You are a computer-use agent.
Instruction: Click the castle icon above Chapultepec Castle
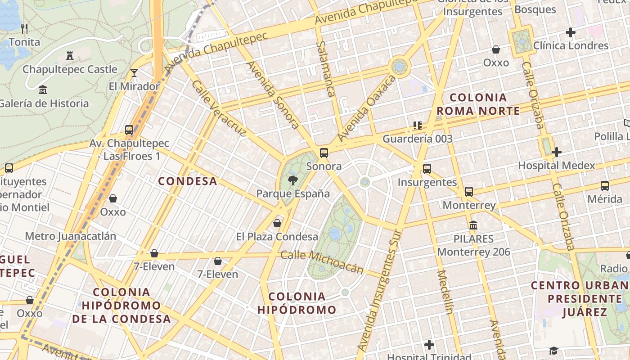(x=70, y=56)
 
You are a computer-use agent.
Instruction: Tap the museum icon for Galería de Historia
(x=43, y=90)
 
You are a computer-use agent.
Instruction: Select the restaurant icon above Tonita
(x=24, y=29)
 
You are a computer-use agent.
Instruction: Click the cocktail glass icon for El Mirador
(x=134, y=72)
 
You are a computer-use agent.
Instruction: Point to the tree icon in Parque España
(x=293, y=181)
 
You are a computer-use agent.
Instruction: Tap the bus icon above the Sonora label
(x=324, y=153)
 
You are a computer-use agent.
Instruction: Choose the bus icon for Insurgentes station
(x=427, y=169)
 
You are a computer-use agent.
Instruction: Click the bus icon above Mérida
(x=605, y=185)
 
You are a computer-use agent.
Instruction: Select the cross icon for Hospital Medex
(x=557, y=152)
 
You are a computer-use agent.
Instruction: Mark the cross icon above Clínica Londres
(x=571, y=32)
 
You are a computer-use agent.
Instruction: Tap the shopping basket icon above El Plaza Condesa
(x=277, y=223)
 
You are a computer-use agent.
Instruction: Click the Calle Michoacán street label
(x=322, y=261)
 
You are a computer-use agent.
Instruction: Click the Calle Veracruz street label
(x=219, y=108)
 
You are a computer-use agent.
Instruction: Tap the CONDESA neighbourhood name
(x=188, y=181)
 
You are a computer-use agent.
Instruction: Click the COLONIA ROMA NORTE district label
(x=478, y=104)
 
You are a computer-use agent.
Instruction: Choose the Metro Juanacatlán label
(x=71, y=236)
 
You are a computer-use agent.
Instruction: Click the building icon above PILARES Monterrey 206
(x=473, y=225)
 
